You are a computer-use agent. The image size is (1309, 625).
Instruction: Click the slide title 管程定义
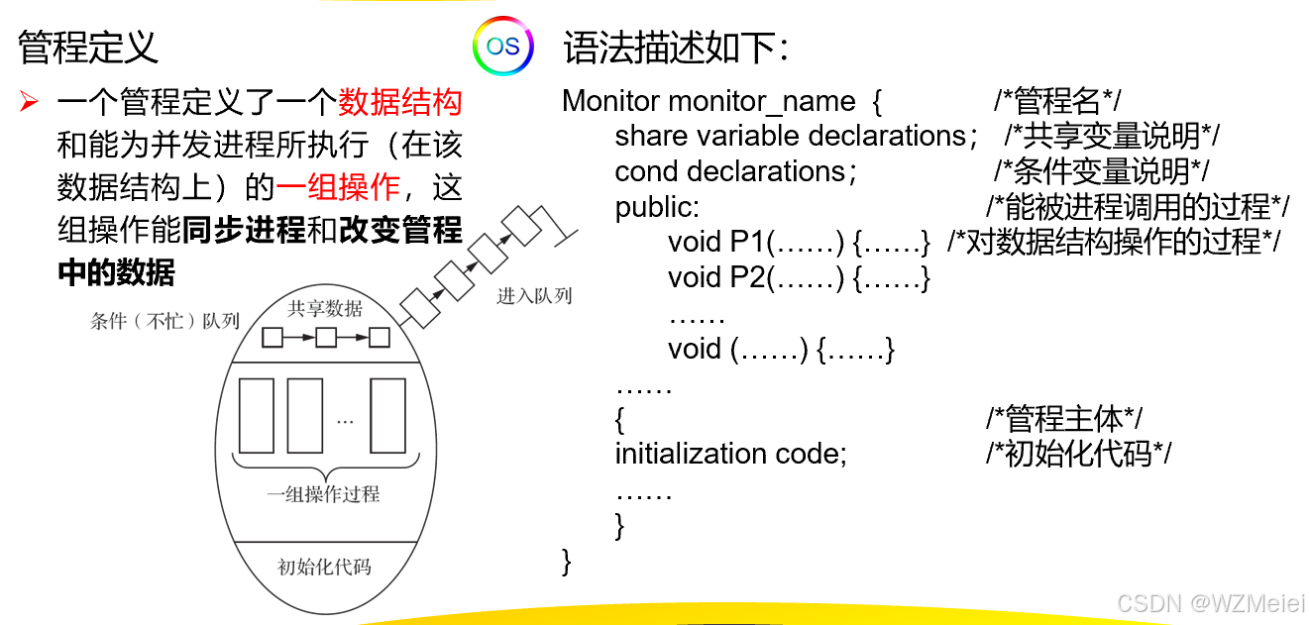point(88,46)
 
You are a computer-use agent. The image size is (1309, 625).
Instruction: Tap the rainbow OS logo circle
point(502,46)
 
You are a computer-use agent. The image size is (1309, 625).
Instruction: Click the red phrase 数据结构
point(400,102)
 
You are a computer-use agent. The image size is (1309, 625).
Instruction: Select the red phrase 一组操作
point(338,186)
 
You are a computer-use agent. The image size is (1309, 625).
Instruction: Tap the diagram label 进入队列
point(534,295)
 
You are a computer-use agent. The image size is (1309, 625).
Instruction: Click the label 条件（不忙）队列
point(164,321)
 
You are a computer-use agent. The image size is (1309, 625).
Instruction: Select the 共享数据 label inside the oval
point(325,308)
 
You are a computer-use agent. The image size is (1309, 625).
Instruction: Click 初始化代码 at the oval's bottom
point(324,567)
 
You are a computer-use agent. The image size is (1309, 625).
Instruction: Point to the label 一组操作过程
point(324,492)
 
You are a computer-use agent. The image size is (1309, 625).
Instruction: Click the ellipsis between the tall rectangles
point(345,422)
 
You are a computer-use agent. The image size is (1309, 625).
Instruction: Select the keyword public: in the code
point(657,206)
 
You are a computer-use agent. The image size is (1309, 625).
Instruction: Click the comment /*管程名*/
point(1057,101)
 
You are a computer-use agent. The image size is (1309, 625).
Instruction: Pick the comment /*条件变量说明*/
point(1102,171)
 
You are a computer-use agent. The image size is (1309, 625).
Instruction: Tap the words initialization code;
point(731,454)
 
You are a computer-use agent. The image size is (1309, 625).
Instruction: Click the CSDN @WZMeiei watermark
point(1211,603)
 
